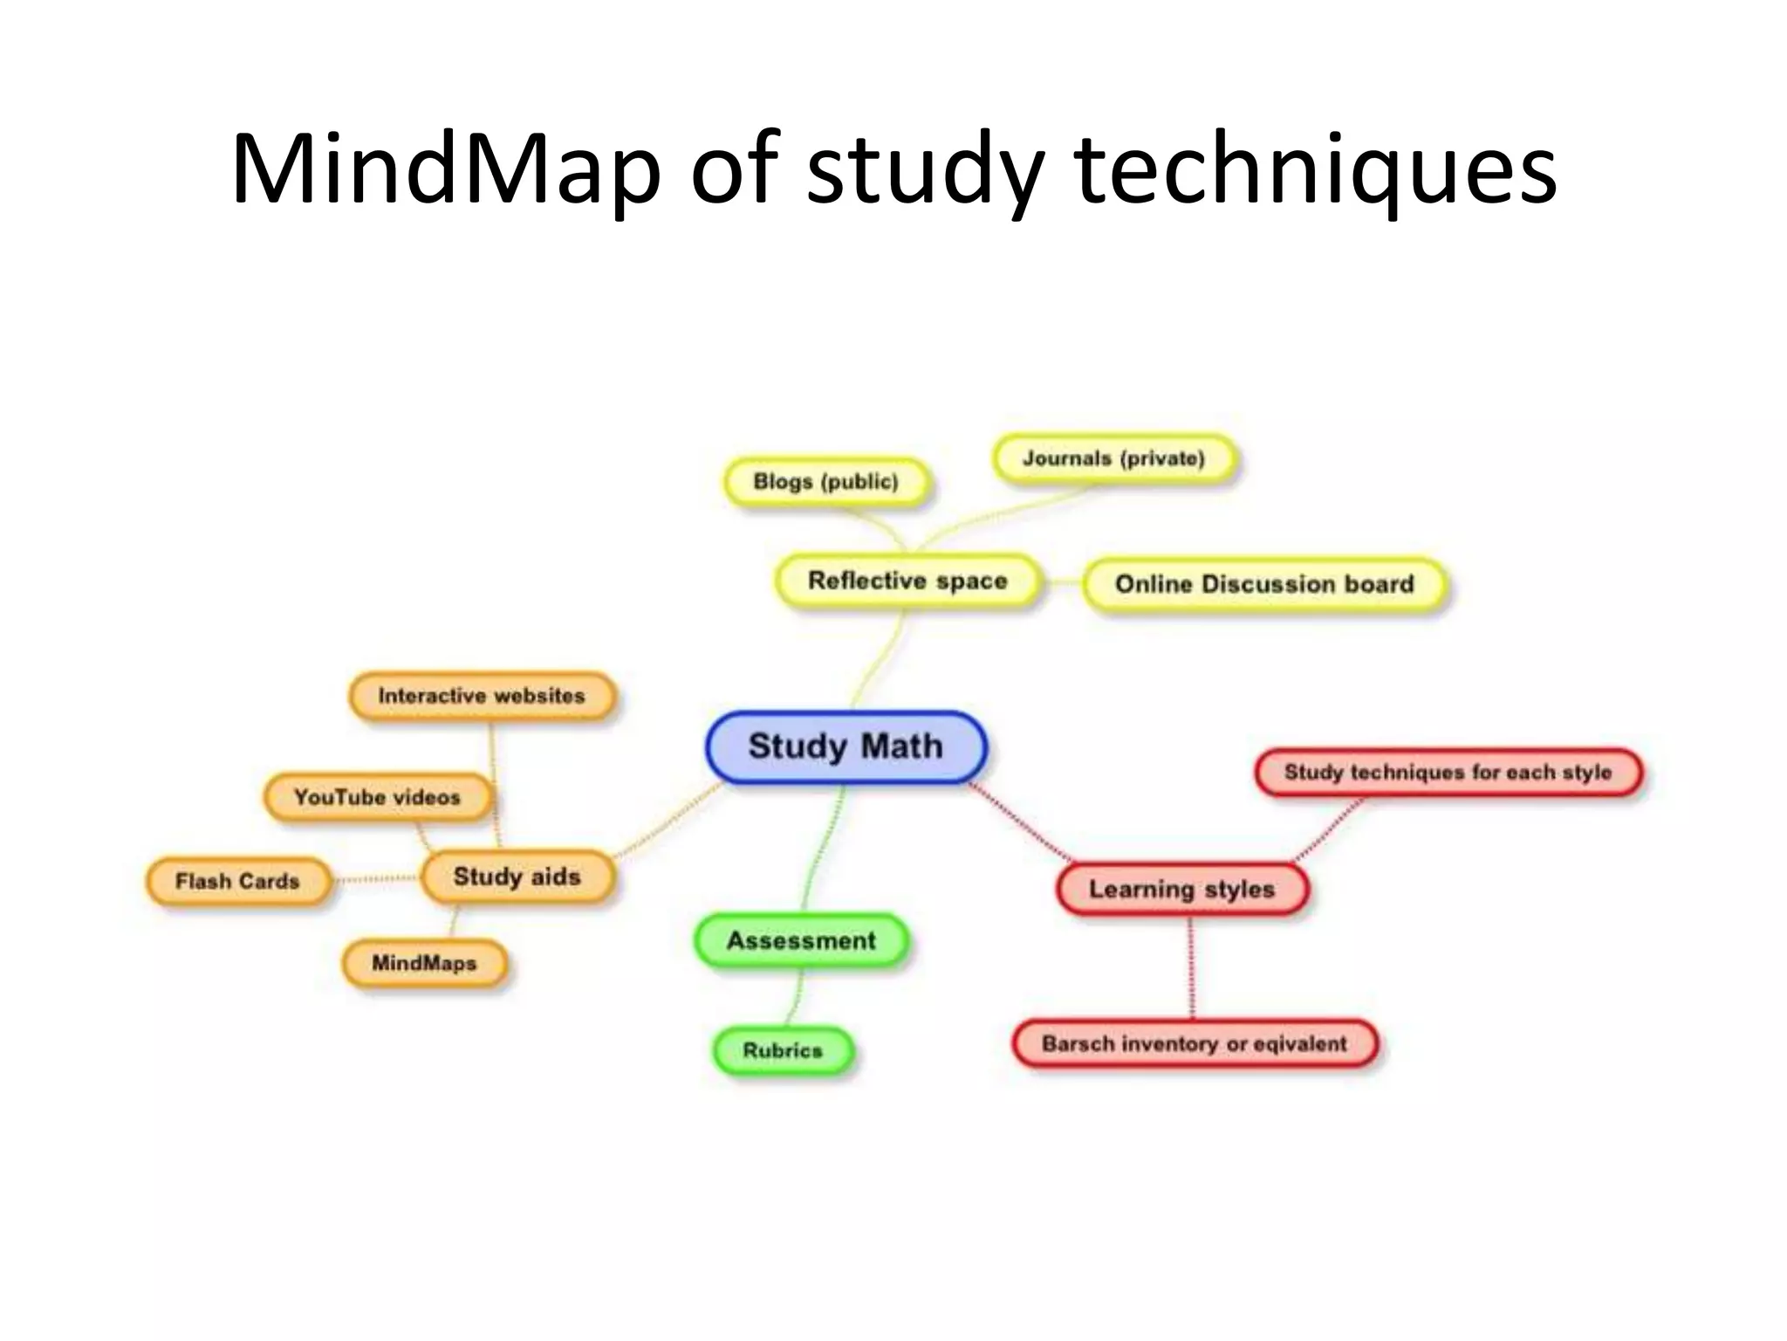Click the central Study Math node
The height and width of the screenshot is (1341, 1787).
click(x=846, y=747)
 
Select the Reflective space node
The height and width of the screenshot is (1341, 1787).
click(x=907, y=581)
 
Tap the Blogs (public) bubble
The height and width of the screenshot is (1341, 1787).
click(x=825, y=482)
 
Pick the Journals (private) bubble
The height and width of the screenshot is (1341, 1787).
click(x=1114, y=459)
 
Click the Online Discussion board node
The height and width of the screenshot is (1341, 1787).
click(x=1264, y=584)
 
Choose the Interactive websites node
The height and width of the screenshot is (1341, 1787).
click(x=482, y=696)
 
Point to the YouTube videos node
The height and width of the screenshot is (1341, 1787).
click(x=377, y=797)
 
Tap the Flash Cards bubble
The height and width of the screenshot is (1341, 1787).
click(x=237, y=881)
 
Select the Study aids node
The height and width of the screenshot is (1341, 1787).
click(x=517, y=877)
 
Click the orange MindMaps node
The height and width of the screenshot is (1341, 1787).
click(x=424, y=963)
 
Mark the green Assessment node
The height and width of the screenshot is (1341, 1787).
click(x=801, y=940)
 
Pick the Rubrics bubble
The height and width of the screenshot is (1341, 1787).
click(x=783, y=1050)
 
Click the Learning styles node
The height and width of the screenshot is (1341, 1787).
click(x=1181, y=890)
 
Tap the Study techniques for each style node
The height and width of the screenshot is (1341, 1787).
click(x=1448, y=773)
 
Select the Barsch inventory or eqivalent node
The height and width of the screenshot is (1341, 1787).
click(x=1195, y=1043)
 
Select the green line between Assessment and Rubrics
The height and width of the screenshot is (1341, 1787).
click(x=796, y=997)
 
